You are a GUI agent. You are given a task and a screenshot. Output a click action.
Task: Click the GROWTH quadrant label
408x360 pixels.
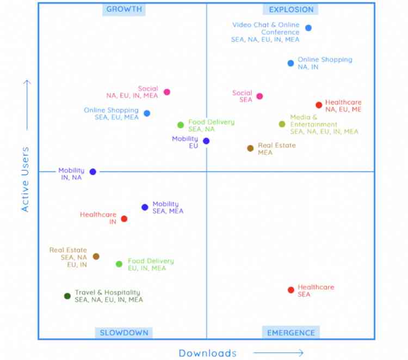(124, 9)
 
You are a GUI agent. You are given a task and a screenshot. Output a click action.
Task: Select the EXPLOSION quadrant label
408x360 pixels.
(291, 9)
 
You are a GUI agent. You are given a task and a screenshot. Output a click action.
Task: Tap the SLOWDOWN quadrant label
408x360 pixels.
(123, 333)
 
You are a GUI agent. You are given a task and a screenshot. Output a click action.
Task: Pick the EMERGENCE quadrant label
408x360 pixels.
(291, 333)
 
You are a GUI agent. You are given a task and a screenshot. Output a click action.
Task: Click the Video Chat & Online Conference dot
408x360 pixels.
(308, 28)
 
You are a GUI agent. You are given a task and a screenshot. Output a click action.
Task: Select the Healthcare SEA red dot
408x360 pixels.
(291, 290)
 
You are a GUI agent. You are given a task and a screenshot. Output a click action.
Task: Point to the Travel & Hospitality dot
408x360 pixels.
(67, 296)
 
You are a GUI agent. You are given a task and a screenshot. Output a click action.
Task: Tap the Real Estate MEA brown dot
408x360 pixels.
(250, 148)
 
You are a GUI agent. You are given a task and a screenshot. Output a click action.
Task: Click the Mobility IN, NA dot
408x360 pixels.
(93, 172)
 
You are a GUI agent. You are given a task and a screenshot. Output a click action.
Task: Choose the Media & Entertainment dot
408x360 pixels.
(282, 124)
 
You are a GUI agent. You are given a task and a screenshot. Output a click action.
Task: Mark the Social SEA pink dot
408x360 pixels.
(259, 96)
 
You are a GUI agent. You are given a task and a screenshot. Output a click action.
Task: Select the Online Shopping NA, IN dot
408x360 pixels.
(291, 63)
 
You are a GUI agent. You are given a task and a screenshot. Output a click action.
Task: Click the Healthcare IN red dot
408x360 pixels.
(124, 219)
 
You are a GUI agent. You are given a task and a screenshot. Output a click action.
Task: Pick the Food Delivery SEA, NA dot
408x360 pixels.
(181, 125)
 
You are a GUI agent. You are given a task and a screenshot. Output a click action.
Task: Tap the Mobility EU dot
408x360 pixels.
(206, 141)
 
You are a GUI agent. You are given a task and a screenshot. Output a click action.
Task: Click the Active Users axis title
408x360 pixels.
(25, 179)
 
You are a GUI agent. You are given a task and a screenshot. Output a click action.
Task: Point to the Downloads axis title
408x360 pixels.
(208, 353)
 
